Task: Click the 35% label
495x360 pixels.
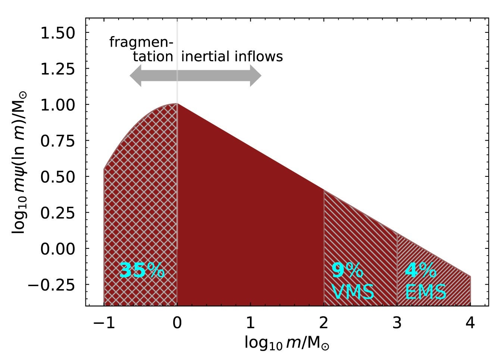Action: coord(142,270)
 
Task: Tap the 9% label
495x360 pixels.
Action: coord(347,270)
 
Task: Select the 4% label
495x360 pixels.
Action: coord(420,270)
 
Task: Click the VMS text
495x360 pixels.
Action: coord(353,292)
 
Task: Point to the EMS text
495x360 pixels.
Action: coord(426,292)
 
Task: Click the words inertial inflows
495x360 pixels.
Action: coord(232,56)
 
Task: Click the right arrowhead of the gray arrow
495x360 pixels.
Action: coord(256,76)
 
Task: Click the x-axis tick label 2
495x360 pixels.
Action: coord(324,323)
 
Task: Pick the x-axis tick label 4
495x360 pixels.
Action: coord(470,323)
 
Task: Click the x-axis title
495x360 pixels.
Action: coord(287,342)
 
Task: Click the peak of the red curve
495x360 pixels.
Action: coord(177,104)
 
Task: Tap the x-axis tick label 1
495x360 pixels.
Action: coord(250,323)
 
